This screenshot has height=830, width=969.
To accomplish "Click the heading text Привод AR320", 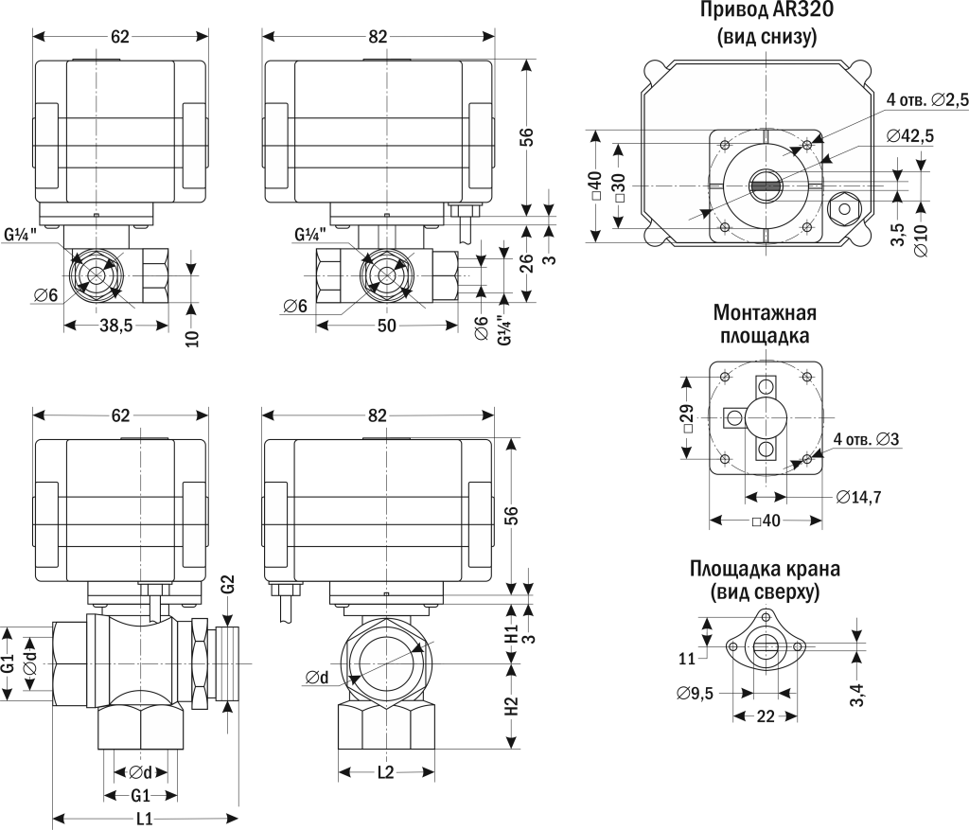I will click(x=766, y=12).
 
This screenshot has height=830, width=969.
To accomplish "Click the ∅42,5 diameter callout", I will click(x=910, y=136).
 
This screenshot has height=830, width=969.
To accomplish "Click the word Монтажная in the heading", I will click(x=766, y=313).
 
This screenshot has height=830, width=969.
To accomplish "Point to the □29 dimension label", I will click(x=688, y=417).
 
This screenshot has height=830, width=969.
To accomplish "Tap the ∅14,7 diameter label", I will click(x=860, y=496).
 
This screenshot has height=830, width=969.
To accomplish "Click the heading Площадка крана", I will click(x=765, y=570).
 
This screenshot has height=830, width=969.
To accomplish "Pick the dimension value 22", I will click(x=766, y=716).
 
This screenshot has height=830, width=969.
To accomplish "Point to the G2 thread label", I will click(x=227, y=586).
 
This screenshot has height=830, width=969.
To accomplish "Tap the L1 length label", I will click(x=145, y=819).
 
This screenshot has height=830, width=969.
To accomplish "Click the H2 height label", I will click(x=511, y=705).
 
